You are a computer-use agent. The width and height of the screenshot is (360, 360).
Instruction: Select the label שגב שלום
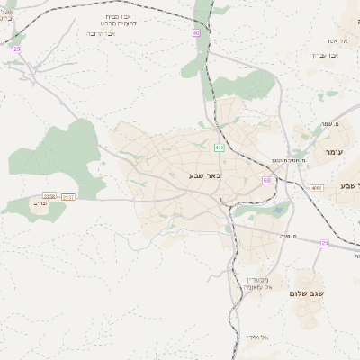pyautogui.click(x=306, y=293)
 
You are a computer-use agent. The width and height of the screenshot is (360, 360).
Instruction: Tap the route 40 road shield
pyautogui.click(x=196, y=33)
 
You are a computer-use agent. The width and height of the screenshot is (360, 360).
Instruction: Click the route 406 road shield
pyautogui.click(x=220, y=147)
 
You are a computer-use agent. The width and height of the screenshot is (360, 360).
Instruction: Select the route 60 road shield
pyautogui.click(x=266, y=180)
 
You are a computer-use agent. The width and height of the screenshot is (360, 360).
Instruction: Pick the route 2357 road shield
pyautogui.click(x=69, y=195)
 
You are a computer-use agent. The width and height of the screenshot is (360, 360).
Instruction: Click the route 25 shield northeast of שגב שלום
pyautogui.click(x=324, y=243)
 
